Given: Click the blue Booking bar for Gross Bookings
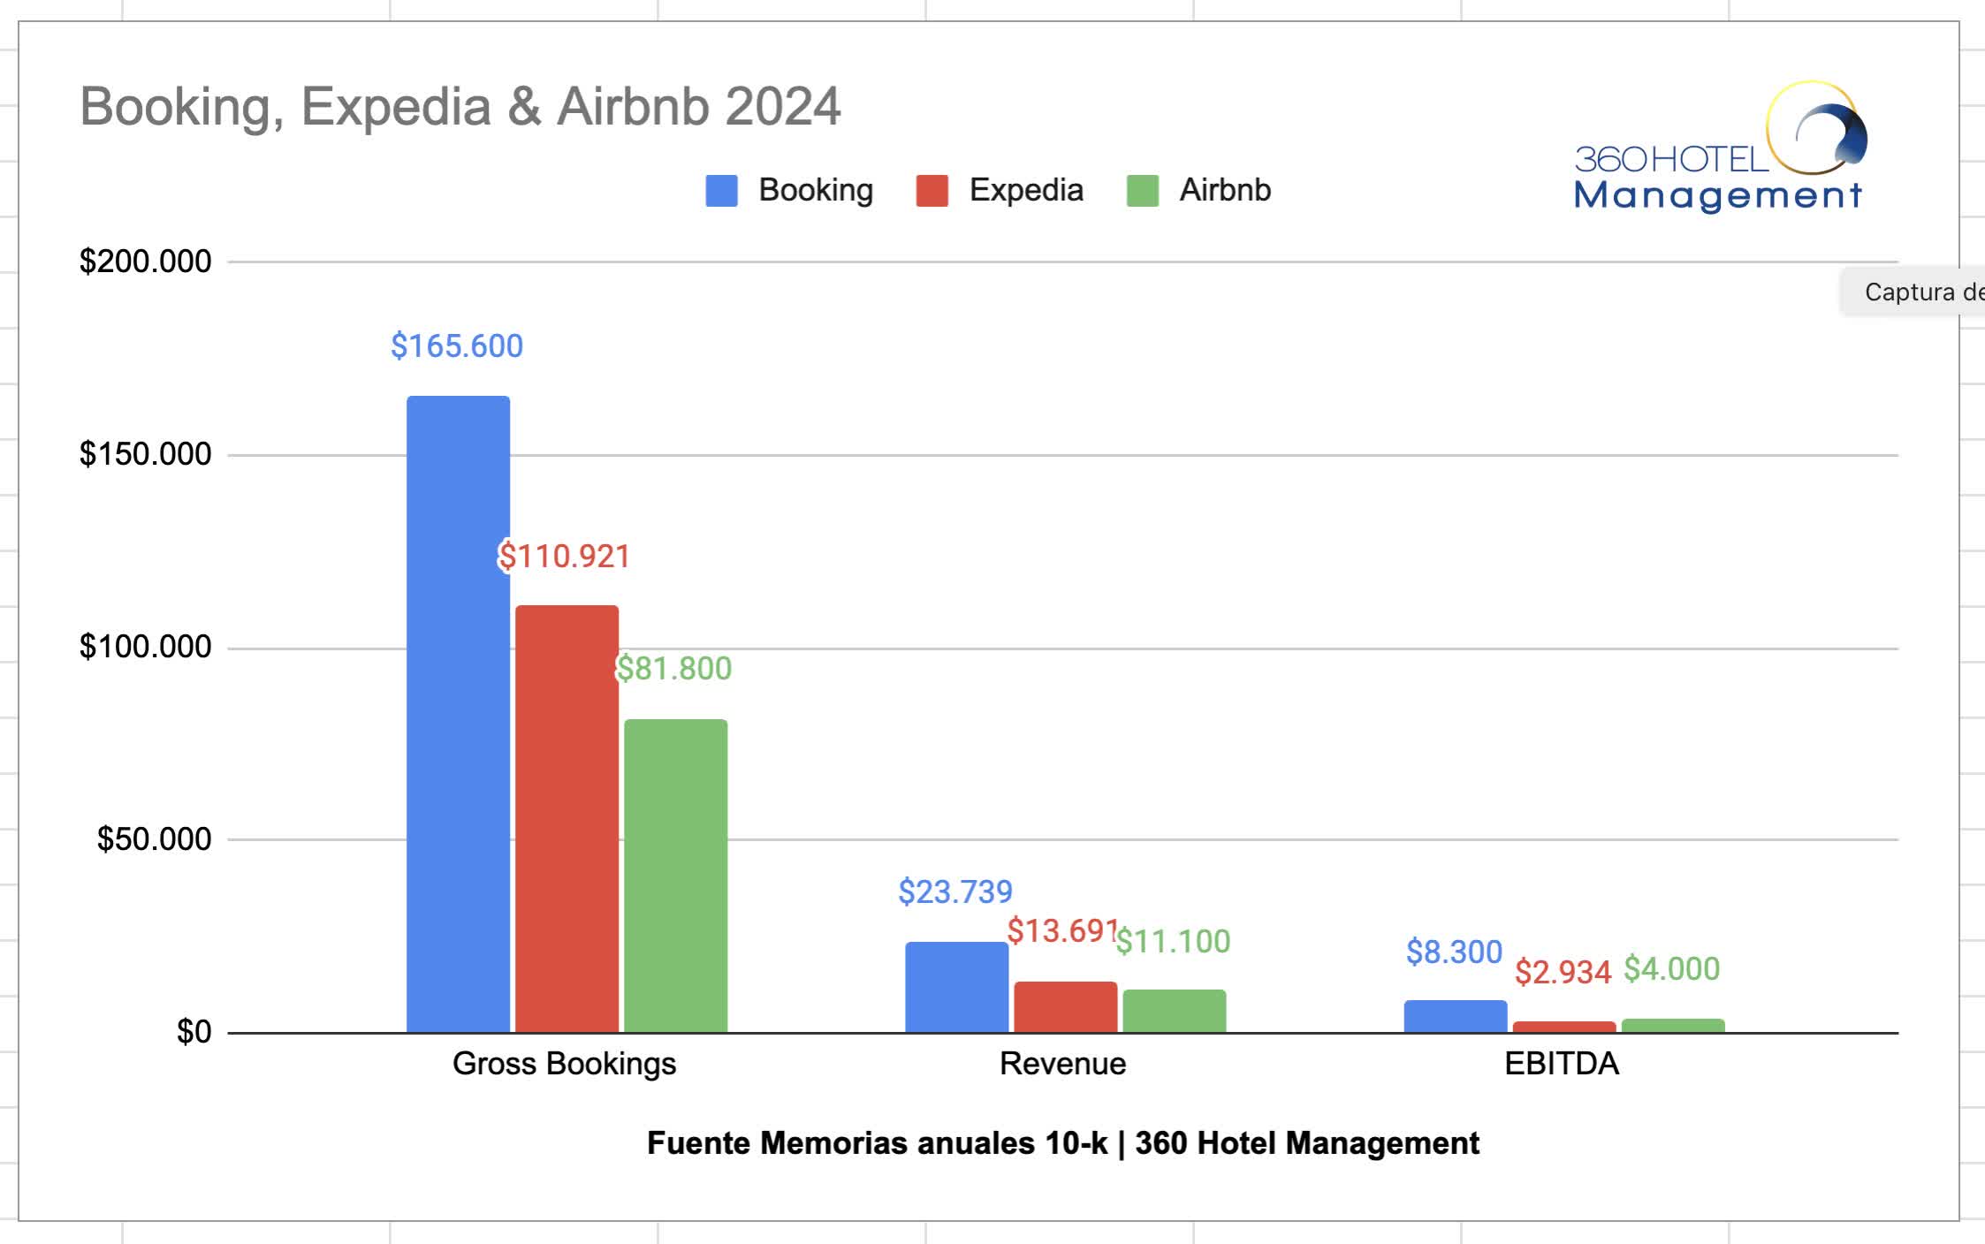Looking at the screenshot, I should click(x=458, y=714).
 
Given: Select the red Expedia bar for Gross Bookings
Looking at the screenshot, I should click(x=567, y=818).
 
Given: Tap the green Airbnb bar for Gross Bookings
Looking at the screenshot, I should click(x=675, y=876).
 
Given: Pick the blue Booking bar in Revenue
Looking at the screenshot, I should click(x=956, y=987).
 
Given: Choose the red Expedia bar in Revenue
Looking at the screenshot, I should click(x=1065, y=1006).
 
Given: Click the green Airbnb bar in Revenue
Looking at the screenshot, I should click(x=1174, y=1011).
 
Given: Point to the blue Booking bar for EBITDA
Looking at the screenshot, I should click(x=1455, y=1016).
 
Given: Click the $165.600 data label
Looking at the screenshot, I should click(x=457, y=345).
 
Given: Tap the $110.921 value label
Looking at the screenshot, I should click(x=564, y=556).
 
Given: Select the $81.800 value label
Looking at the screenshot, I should click(x=674, y=668).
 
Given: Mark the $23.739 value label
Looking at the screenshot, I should click(x=955, y=891).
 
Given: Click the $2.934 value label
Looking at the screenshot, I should click(x=1563, y=972).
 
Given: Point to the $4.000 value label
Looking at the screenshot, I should click(x=1671, y=968).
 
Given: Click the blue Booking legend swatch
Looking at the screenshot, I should click(x=721, y=191).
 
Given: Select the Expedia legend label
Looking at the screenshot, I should click(x=1025, y=190).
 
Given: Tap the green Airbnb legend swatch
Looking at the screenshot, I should click(x=1142, y=191).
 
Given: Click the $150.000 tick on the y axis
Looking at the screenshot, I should click(x=146, y=454).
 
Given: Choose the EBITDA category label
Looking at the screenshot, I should click(x=1561, y=1063).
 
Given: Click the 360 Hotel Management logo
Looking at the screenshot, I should click(x=1719, y=148).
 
